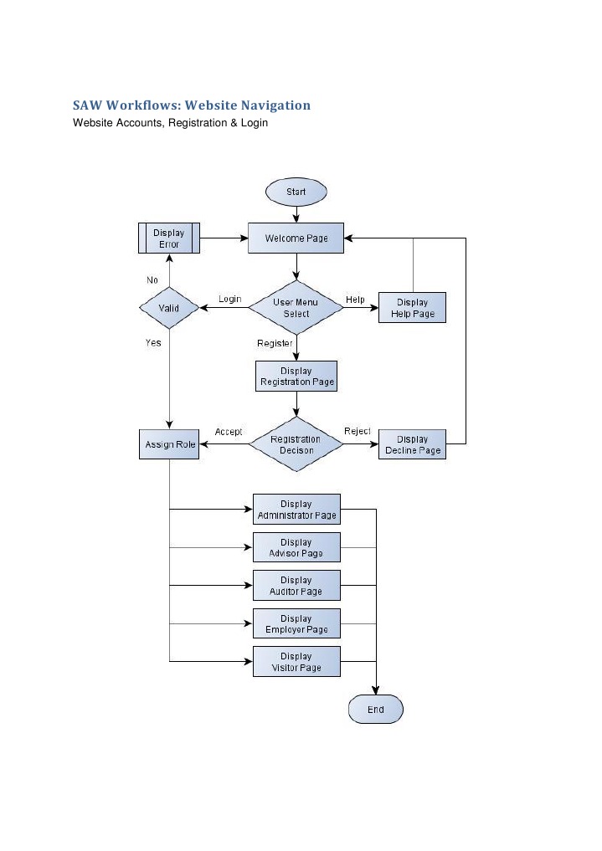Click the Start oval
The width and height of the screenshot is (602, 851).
296,192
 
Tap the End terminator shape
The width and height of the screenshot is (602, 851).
375,710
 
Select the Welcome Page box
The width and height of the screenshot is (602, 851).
296,238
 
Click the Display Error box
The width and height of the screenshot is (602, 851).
169,238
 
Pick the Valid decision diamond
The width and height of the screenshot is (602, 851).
169,308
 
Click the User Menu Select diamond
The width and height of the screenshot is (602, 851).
296,308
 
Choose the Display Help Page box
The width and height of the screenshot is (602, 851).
412,308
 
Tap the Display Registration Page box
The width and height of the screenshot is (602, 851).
296,377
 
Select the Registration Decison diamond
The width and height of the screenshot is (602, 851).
296,444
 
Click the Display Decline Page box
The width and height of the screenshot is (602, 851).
412,444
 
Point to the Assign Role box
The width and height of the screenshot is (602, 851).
170,444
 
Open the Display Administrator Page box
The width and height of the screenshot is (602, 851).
296,510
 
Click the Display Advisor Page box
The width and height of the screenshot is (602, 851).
296,548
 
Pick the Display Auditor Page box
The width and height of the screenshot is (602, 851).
296,586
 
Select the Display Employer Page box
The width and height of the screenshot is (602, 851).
296,624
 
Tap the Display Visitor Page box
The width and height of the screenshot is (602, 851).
296,662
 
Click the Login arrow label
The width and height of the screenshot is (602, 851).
229,299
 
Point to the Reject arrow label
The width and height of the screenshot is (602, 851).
358,432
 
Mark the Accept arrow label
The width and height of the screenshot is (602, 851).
229,432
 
